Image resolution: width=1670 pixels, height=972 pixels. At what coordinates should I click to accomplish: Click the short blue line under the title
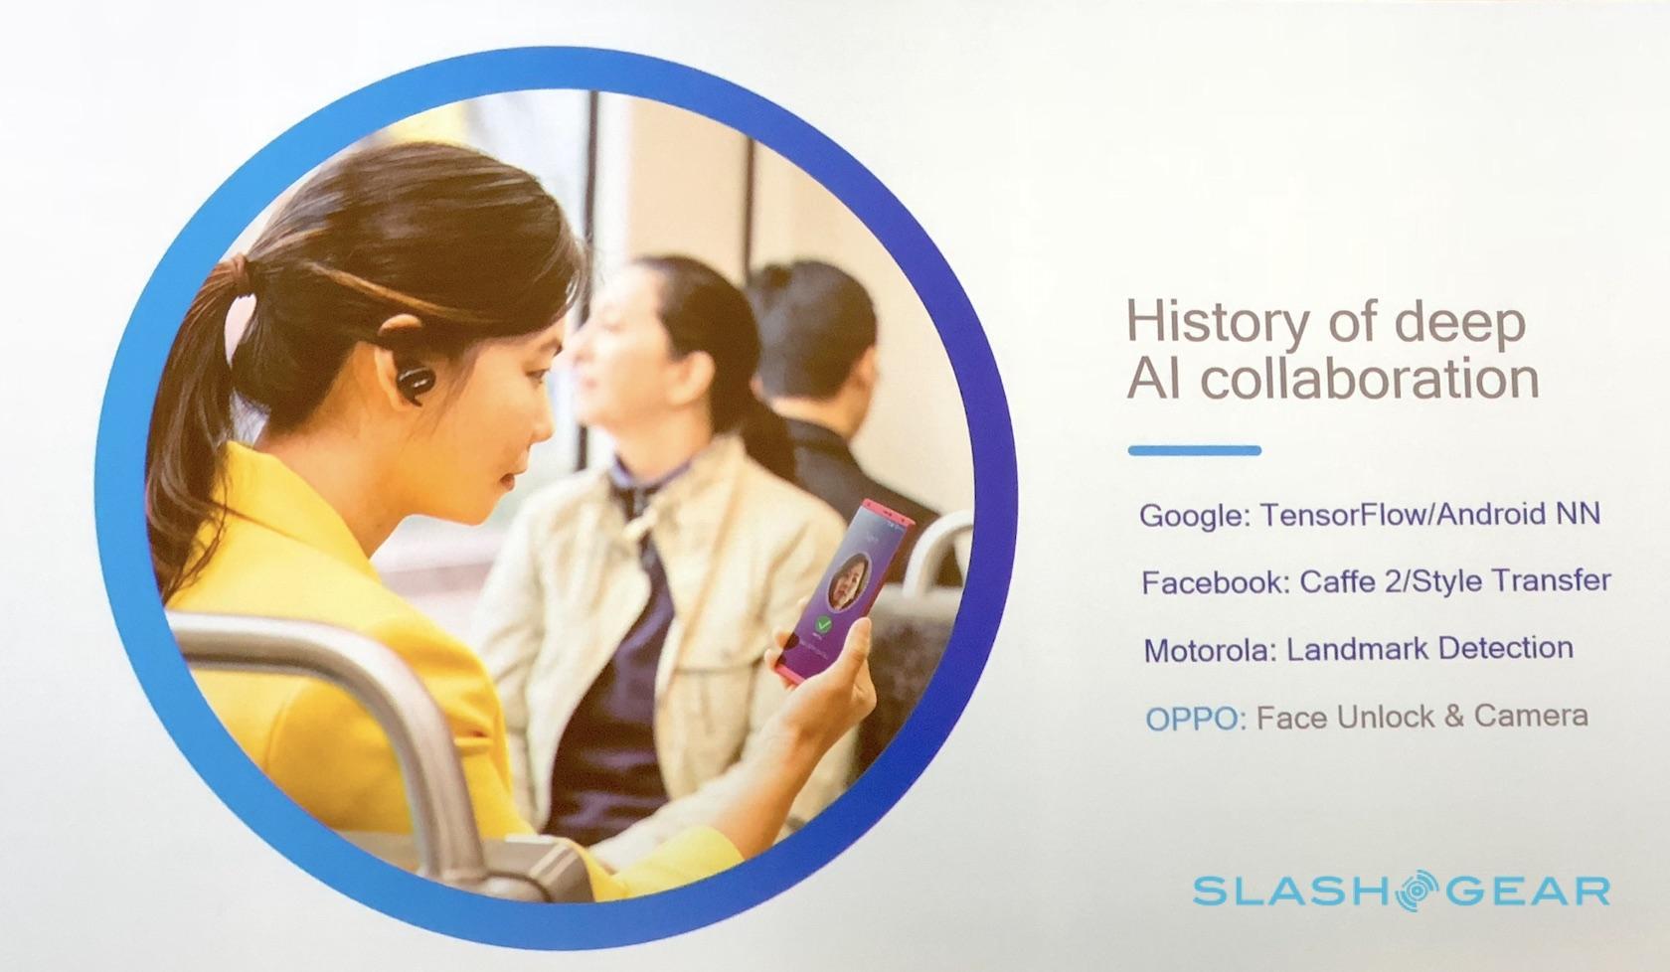click(1195, 450)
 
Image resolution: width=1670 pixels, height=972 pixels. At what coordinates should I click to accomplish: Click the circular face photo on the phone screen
click(849, 580)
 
